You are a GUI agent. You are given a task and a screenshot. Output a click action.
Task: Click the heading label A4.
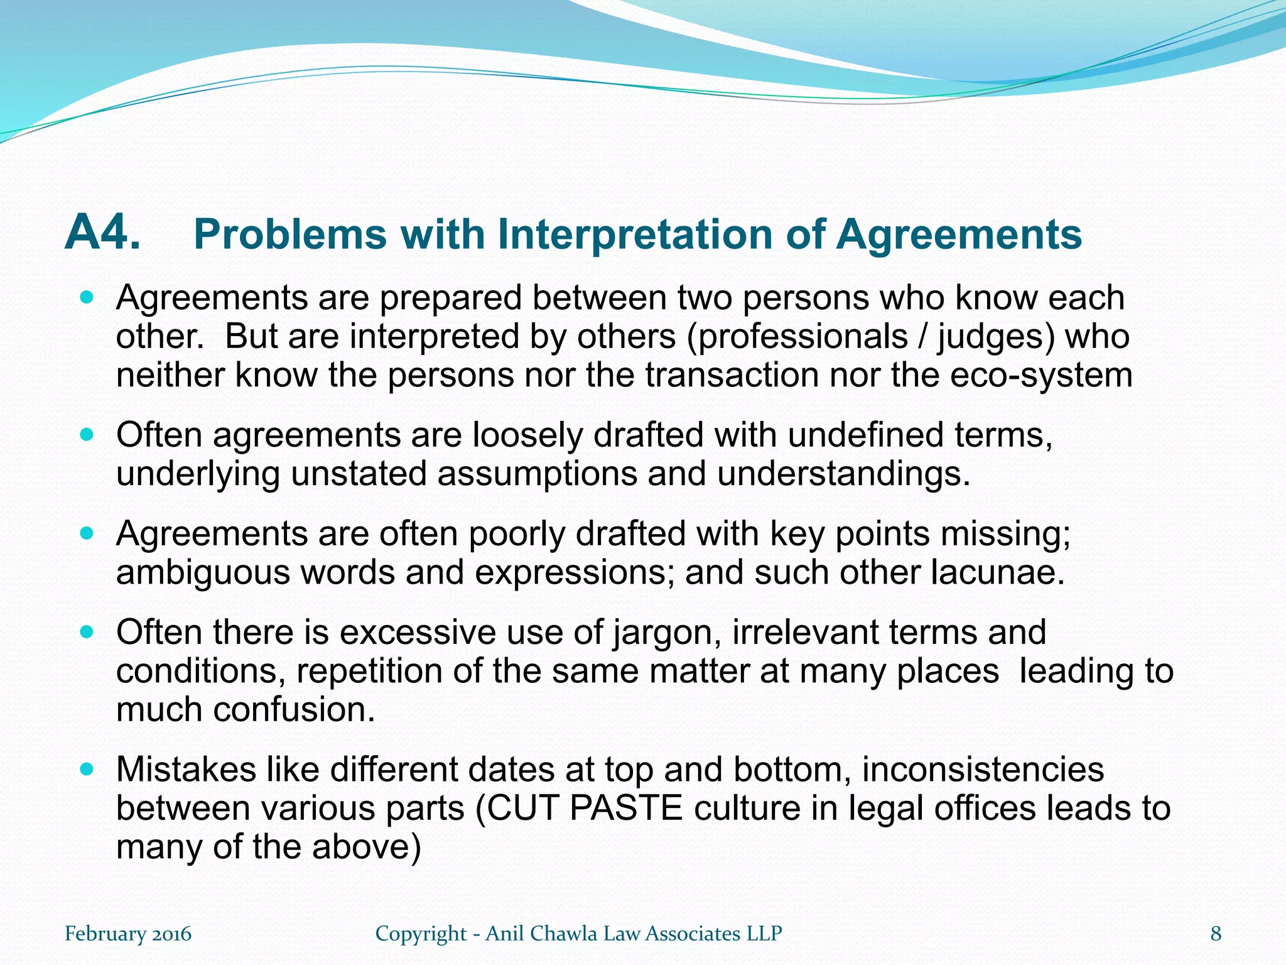coord(102,232)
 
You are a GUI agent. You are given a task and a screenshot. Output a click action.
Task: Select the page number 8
coord(1216,934)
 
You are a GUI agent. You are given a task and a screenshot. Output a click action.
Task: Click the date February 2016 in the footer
coord(128,934)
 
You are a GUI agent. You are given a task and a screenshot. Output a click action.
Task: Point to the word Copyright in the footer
coord(421,934)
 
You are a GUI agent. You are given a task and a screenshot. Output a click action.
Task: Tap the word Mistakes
coord(186,769)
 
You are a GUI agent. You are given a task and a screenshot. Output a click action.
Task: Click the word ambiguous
coord(203,573)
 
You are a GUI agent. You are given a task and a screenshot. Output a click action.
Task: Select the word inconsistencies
coord(982,769)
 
